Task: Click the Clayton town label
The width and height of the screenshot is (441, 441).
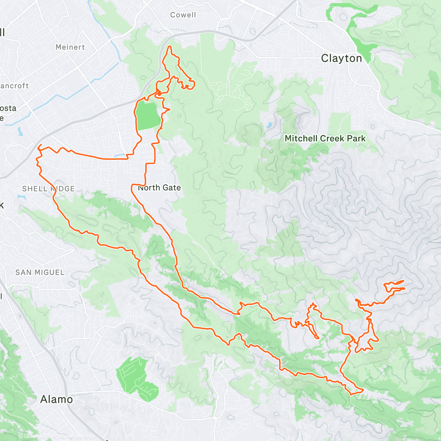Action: tap(341, 58)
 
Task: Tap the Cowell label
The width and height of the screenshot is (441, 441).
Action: tap(183, 15)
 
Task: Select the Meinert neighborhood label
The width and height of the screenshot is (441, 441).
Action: tap(70, 47)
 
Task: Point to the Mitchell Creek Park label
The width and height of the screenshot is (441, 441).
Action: tap(325, 139)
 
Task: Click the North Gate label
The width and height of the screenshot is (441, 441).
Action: tap(159, 188)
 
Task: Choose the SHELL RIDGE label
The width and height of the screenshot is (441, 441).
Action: tap(49, 189)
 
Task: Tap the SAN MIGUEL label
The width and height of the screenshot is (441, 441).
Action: tap(40, 272)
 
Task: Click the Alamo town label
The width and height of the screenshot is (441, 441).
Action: tap(56, 399)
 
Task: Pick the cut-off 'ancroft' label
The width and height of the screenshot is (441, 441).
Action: tap(14, 86)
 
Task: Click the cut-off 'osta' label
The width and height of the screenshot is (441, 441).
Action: tap(8, 108)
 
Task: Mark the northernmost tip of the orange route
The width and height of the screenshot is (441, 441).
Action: tap(170, 47)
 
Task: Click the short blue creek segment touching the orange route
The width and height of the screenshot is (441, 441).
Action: tap(121, 156)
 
